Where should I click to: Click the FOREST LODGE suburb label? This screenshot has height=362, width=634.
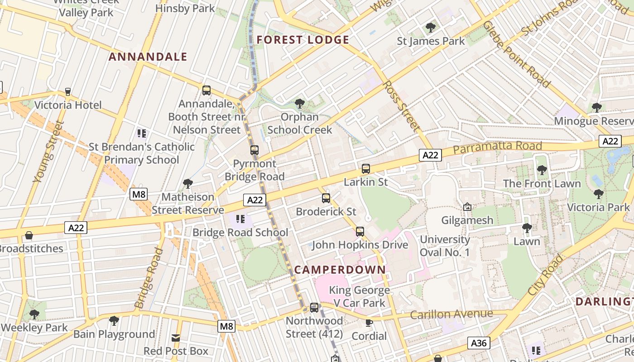[303, 40]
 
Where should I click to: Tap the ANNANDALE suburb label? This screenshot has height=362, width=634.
[148, 57]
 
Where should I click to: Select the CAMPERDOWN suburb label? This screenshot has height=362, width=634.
[340, 270]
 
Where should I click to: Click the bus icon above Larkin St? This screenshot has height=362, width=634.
[366, 169]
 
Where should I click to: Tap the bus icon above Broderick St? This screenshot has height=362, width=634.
[326, 198]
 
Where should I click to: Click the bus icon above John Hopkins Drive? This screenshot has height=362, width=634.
[360, 232]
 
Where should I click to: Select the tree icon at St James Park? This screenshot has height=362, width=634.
[431, 28]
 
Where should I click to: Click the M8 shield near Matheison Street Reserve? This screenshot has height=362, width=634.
[139, 195]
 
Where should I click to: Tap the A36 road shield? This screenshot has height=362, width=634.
[479, 343]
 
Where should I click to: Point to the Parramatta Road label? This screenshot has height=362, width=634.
[497, 147]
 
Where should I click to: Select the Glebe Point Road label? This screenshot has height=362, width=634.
[517, 54]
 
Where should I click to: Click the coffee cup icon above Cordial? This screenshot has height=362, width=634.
[369, 323]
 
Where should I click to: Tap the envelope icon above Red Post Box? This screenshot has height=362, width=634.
[176, 338]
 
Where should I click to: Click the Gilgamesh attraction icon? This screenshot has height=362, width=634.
[467, 207]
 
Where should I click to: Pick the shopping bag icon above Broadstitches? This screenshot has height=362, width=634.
[29, 235]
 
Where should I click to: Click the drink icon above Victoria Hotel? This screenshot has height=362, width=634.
[68, 92]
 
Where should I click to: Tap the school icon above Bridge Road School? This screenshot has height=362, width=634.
[240, 219]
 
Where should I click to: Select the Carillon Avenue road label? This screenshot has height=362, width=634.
[451, 314]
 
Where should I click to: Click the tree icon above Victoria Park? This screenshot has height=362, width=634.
[598, 194]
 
